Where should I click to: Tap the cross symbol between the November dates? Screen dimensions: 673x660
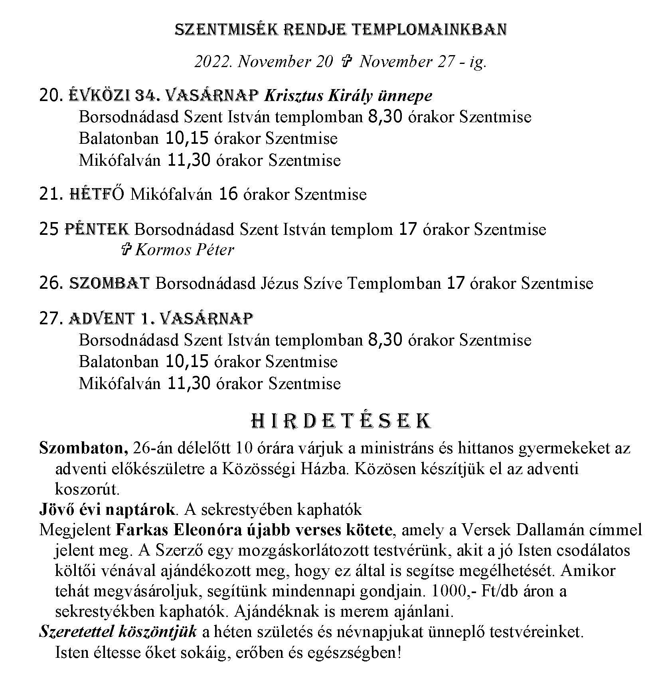(x=346, y=62)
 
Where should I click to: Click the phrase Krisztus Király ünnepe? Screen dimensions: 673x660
(x=348, y=96)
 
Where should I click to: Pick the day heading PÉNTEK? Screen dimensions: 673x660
(x=97, y=230)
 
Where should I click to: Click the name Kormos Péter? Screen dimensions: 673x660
(x=185, y=250)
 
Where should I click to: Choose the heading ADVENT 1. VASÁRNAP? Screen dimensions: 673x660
(x=161, y=318)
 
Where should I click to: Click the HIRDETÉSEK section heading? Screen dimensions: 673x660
(x=342, y=421)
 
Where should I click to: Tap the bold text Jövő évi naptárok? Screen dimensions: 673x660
(x=107, y=509)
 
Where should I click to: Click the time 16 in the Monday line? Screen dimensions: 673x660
(x=229, y=195)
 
